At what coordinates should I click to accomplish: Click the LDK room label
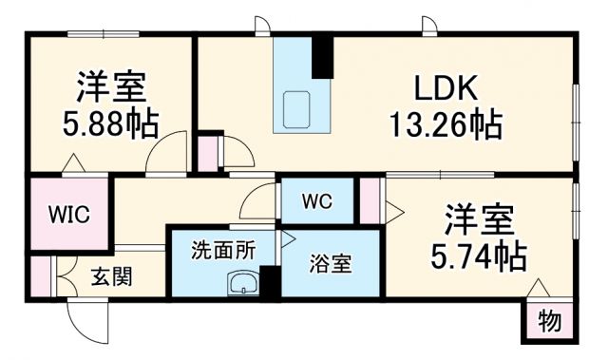coord(445,90)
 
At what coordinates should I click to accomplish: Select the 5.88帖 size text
coord(112,123)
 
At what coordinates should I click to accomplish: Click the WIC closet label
coord(69,213)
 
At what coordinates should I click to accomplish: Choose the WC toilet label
coord(316,201)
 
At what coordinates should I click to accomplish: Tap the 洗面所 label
coord(222,251)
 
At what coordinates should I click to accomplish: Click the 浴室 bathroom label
coord(330,263)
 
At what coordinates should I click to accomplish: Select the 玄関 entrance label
coord(112,276)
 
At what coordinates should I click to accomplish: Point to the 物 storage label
coord(549,321)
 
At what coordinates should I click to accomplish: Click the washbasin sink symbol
coord(243,282)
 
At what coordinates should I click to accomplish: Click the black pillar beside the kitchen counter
coord(324,56)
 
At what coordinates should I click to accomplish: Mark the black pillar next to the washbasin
coord(270,282)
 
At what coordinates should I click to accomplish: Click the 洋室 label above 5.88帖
coord(112,87)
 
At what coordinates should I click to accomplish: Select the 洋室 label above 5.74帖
coord(483,220)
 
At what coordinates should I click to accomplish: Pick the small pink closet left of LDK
coord(207,152)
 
